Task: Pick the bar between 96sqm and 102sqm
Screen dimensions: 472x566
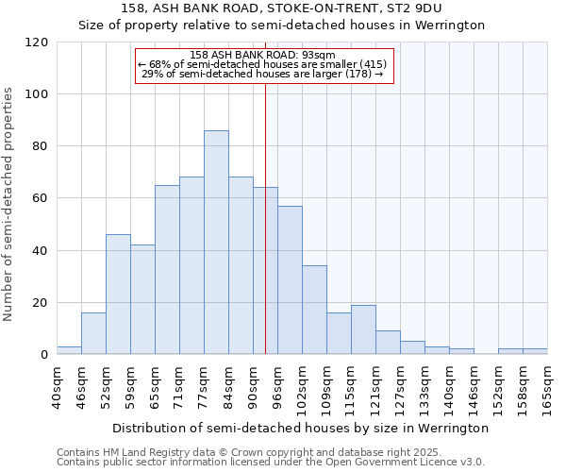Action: (290, 280)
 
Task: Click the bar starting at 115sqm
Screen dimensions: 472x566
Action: (363, 329)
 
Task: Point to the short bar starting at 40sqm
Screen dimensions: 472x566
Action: (69, 350)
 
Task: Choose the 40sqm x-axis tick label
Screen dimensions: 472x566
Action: (57, 388)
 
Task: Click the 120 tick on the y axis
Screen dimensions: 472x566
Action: (37, 42)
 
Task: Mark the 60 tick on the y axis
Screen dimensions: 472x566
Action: (41, 198)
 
